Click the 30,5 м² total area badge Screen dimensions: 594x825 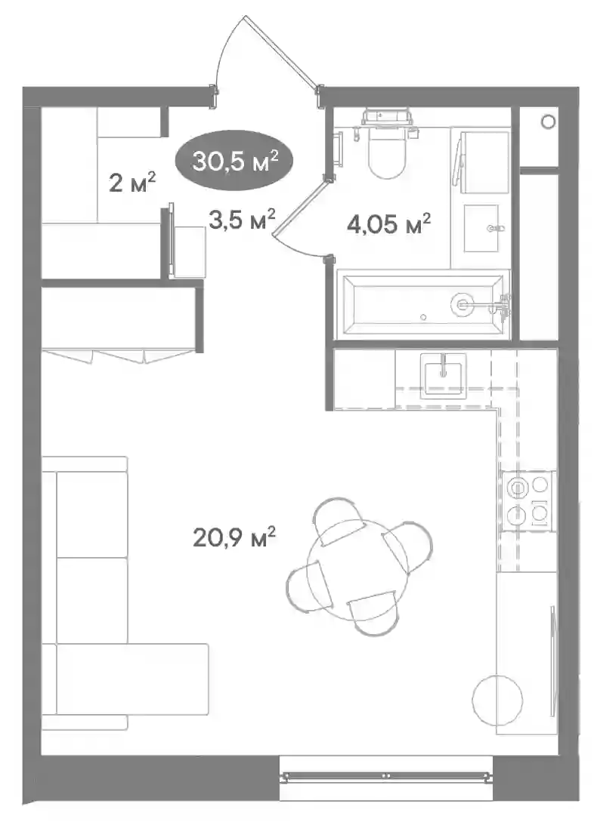tap(234, 161)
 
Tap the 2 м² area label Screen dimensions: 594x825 tap(132, 183)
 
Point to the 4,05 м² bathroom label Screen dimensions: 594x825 tap(388, 223)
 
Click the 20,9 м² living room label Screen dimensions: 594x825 tap(234, 537)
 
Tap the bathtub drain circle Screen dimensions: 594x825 tap(463, 303)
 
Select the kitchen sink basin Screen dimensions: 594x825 tap(443, 374)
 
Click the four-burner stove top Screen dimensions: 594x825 tap(527, 500)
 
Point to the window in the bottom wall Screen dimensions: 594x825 tap(385, 775)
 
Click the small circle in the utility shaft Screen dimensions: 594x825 tap(548, 122)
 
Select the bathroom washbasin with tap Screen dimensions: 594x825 tap(481, 228)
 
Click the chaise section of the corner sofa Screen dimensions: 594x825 tap(132, 679)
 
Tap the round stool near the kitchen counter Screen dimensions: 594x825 tap(497, 700)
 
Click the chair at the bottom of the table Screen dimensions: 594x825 tap(374, 613)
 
